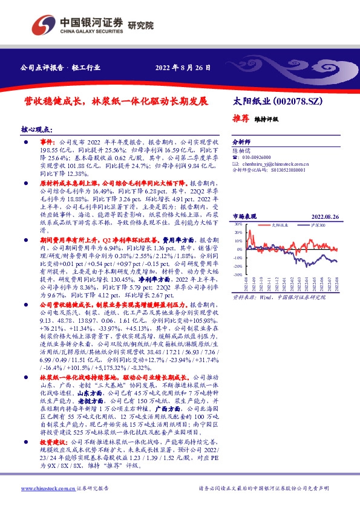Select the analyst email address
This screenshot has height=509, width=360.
click(x=271, y=164)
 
